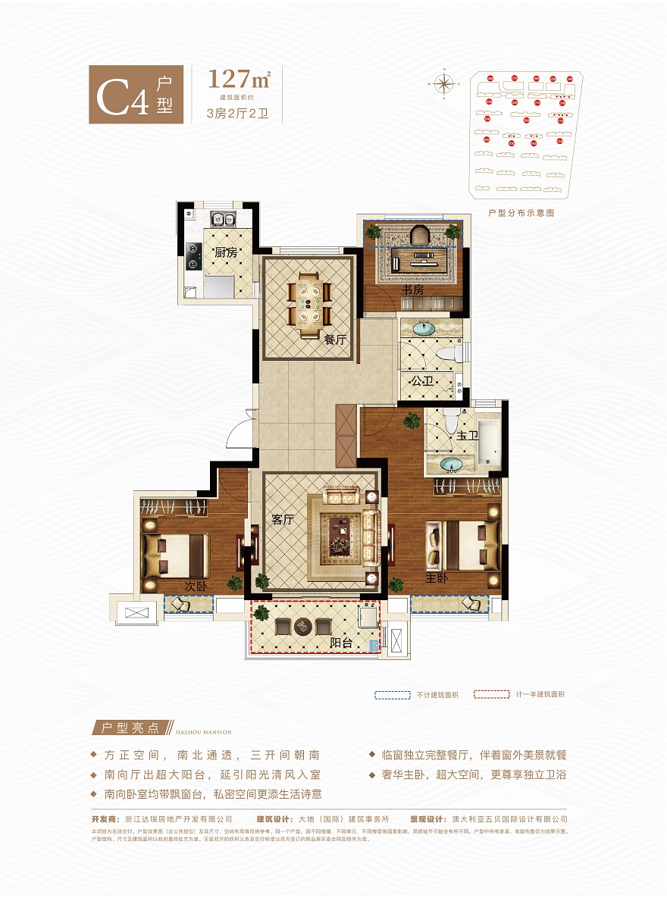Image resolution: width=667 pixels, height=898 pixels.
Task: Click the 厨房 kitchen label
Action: (x=225, y=252)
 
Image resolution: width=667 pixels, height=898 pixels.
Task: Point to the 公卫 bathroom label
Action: (x=422, y=382)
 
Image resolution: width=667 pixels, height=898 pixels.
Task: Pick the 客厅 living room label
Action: (x=282, y=520)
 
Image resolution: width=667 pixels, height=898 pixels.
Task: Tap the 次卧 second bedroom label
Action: (x=196, y=587)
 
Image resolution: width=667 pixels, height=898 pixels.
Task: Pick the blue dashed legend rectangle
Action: (x=390, y=694)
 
